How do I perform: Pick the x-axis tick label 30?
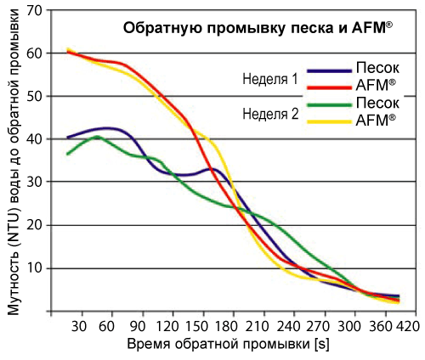pyautogui.click(x=82, y=327)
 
